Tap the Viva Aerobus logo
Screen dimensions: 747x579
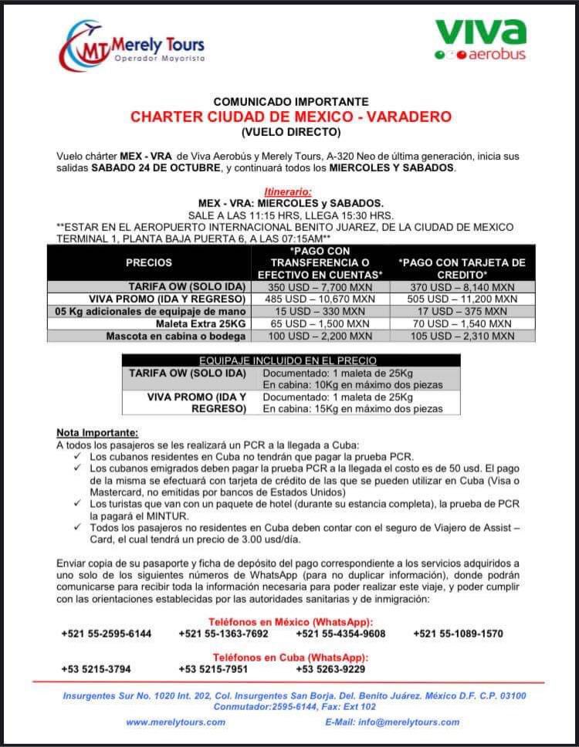(480, 39)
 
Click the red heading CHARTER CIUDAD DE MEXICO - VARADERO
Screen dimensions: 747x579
(290, 117)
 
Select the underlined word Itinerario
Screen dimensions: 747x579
(289, 191)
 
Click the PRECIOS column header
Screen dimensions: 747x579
(149, 263)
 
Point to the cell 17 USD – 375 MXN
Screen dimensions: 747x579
(462, 311)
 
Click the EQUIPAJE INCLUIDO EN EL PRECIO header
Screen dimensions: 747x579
(288, 360)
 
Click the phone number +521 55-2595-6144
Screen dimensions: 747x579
(107, 634)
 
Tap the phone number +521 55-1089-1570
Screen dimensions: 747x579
(458, 634)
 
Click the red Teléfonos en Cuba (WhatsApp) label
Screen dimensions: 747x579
(290, 657)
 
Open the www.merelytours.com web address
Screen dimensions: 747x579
(176, 722)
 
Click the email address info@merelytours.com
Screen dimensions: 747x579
(392, 722)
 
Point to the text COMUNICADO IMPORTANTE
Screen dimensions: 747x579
(290, 102)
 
